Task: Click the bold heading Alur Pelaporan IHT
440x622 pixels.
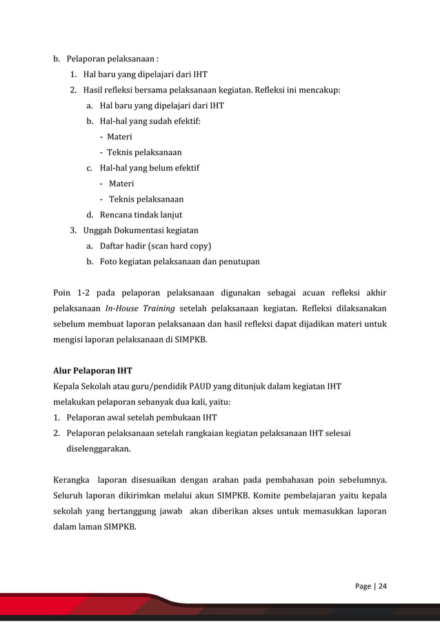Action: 92,370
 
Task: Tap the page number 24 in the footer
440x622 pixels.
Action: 381,587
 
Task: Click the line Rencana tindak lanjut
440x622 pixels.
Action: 141,215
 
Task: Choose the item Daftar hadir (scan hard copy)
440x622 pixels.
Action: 155,245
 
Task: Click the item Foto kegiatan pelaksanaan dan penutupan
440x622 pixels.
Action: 179,261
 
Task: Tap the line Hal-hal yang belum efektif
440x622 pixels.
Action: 150,168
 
